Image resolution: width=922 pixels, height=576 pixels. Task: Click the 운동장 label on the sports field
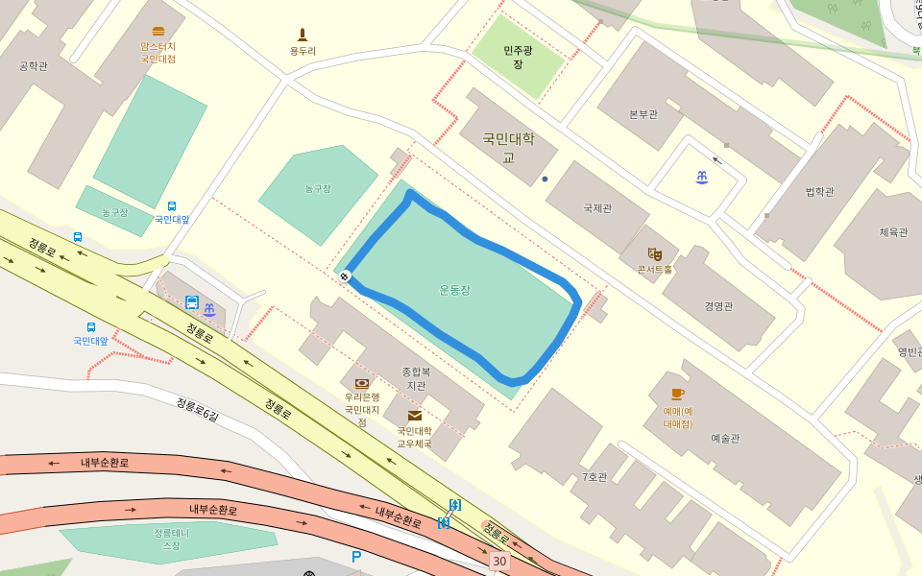(454, 289)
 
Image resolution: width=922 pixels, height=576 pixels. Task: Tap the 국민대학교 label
(508, 148)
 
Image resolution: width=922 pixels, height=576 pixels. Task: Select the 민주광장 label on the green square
(518, 57)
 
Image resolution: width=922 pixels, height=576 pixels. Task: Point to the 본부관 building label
(643, 114)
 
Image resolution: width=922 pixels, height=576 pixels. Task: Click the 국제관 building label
(597, 207)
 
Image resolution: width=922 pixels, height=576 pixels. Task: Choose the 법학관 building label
(819, 191)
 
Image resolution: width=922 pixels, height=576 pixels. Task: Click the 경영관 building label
(718, 306)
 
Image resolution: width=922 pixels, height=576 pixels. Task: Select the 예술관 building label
(725, 438)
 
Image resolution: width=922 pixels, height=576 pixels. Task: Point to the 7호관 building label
(594, 477)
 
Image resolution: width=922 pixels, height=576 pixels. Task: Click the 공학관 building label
(33, 66)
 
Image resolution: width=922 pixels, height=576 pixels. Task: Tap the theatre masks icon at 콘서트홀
(655, 253)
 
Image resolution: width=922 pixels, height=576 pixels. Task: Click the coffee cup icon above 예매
(677, 395)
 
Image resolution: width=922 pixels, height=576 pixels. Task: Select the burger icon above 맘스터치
(158, 32)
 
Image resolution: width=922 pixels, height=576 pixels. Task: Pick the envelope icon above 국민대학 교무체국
(415, 416)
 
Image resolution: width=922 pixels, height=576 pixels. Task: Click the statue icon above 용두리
(303, 36)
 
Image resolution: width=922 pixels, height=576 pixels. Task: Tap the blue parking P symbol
(356, 557)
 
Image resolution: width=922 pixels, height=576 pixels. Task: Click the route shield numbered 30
(498, 561)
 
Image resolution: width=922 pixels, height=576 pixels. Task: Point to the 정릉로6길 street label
(197, 409)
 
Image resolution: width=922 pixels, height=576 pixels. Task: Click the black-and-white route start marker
(344, 276)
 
